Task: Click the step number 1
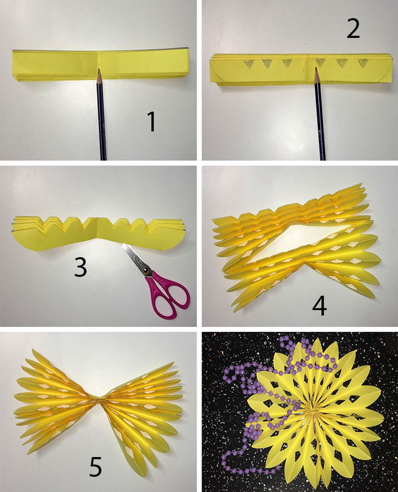point(152,122)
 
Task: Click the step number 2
point(353,29)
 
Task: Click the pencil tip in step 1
point(99,70)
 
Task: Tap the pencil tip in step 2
point(316,69)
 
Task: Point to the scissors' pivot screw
point(145,270)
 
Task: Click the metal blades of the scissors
point(134,257)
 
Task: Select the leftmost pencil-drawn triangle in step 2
point(248,64)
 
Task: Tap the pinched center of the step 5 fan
point(99,400)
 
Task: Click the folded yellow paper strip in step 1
point(100,65)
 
